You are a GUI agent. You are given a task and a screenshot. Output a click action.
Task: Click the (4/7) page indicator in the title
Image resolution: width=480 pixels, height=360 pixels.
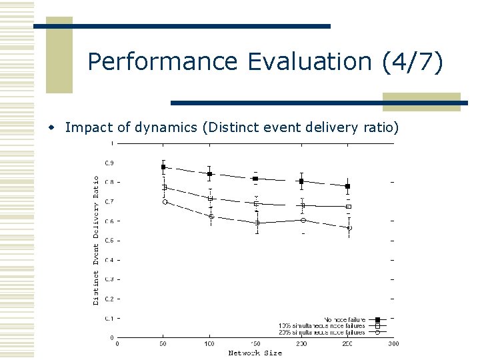coord(412,62)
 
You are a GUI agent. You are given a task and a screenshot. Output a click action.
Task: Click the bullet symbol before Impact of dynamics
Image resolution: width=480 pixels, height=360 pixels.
coord(57,127)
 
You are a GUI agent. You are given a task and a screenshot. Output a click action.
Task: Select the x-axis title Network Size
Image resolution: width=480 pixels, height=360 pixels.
coord(255,353)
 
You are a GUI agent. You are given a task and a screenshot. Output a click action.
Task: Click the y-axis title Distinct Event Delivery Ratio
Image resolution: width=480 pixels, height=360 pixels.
coord(96,240)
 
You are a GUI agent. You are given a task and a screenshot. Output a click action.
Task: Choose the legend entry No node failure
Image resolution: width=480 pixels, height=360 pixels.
coord(345,320)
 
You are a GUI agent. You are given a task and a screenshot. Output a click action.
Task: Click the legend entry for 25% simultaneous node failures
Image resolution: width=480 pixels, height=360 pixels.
coord(321,332)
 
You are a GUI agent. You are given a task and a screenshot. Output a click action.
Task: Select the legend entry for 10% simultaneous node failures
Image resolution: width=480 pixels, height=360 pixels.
coord(321,326)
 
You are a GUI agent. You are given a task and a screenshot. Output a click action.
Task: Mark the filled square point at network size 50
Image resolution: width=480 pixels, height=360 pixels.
coord(163,167)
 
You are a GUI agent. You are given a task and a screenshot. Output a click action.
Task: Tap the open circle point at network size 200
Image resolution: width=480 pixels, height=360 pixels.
coord(302,220)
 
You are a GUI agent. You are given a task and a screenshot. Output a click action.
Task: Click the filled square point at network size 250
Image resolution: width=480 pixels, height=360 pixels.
coord(348,186)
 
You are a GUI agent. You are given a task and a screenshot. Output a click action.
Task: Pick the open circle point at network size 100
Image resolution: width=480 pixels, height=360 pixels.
coord(210,216)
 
